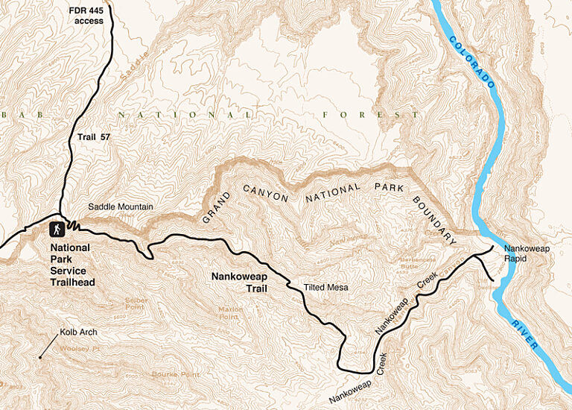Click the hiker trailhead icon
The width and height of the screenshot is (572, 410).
57,229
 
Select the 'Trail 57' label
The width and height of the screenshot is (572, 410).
93,137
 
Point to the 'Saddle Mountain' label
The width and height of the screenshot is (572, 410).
120,206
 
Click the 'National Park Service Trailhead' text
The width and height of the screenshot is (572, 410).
70,265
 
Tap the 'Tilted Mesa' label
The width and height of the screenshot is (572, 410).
327,287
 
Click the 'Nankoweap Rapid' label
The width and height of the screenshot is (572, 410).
525,253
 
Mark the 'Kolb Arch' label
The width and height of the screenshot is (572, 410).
78,332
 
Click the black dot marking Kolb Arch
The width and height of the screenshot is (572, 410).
40,357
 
